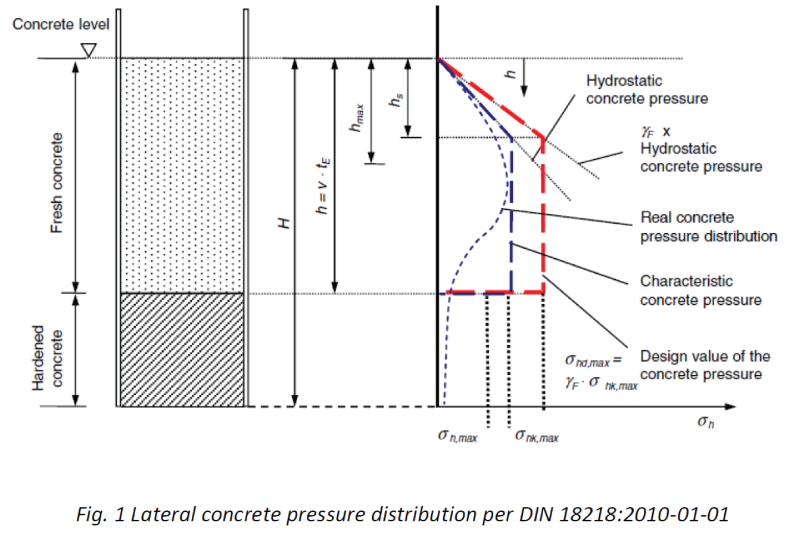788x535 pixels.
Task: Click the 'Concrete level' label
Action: point(61,24)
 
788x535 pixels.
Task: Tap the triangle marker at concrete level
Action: point(88,51)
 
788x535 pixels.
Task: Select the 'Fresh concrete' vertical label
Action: point(57,183)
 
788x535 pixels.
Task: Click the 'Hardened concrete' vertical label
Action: point(47,357)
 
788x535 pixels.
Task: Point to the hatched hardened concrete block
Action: point(182,350)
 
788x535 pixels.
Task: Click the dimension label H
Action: point(285,223)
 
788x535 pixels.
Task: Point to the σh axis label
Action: point(705,422)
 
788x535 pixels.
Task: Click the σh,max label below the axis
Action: point(457,437)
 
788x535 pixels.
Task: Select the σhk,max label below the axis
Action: point(537,437)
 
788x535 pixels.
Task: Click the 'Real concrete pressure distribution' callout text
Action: point(708,227)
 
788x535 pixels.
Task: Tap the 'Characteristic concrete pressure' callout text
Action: point(700,290)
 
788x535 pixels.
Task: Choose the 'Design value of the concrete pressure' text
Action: point(705,365)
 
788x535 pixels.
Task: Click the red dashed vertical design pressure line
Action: point(543,227)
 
